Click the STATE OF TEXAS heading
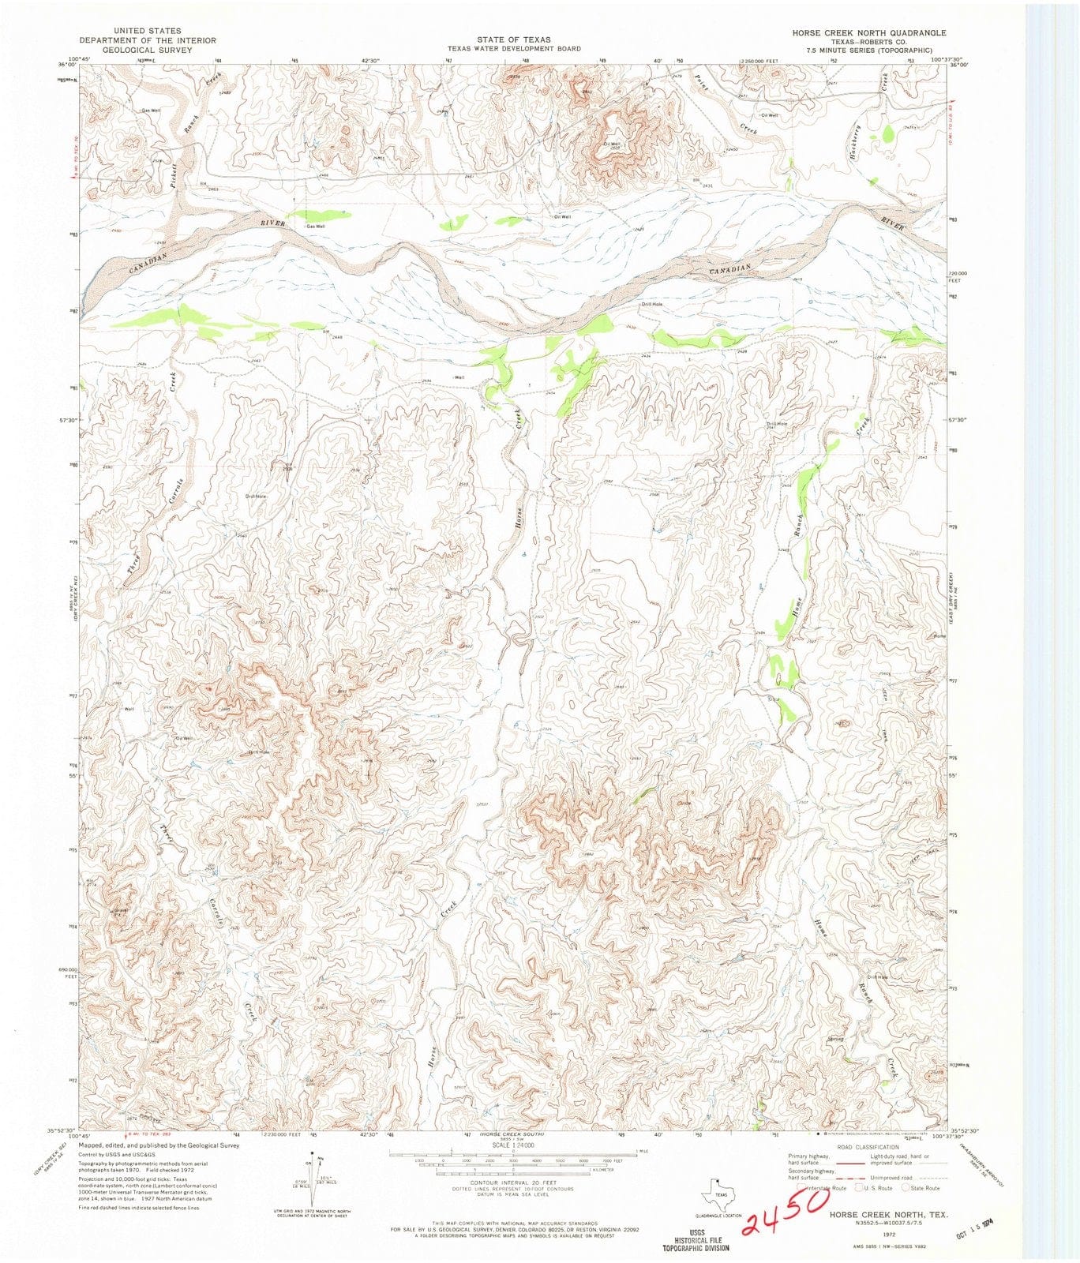[x=513, y=39]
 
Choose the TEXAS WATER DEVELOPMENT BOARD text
[x=513, y=48]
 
